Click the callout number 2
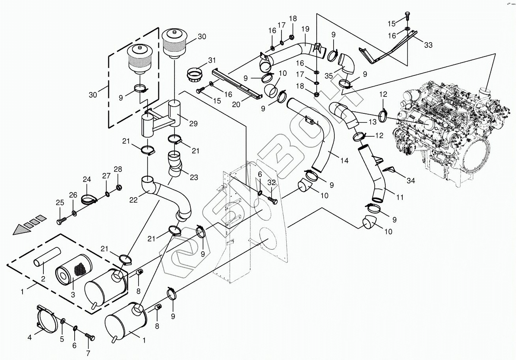tap(43, 279)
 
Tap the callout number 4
tap(29, 337)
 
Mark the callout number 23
tap(193, 177)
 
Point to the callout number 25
tap(60, 203)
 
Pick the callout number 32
tap(271, 182)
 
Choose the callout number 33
tap(428, 45)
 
